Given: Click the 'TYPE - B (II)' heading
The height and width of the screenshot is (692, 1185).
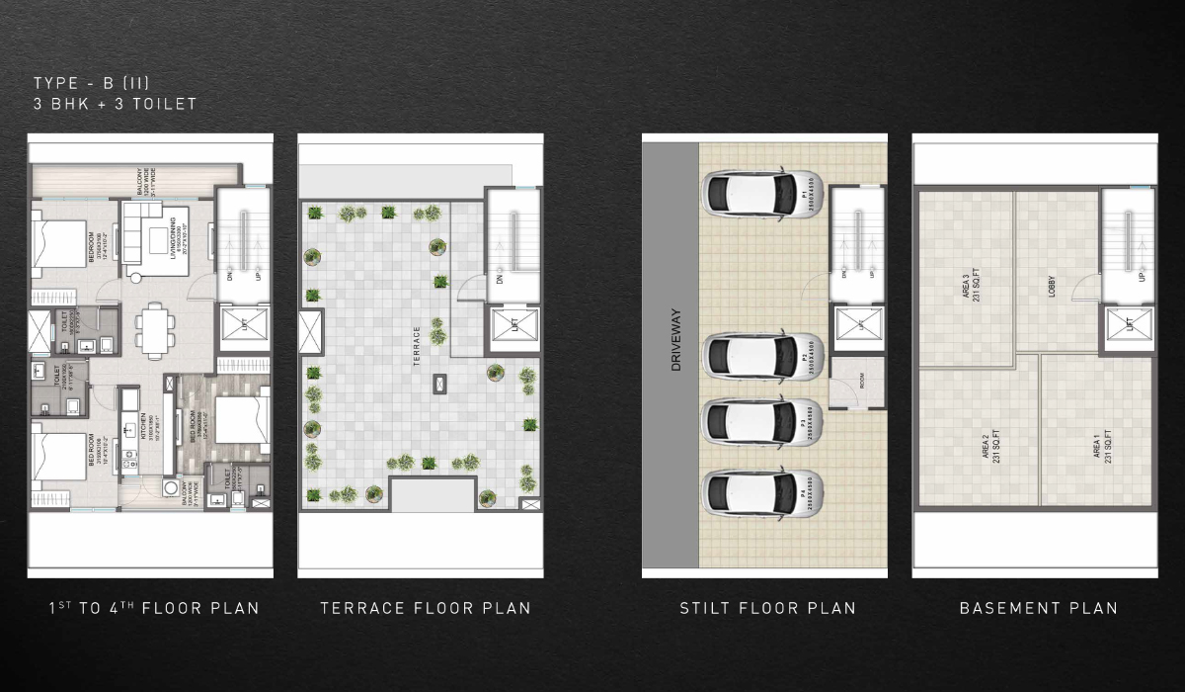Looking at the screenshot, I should (x=92, y=82).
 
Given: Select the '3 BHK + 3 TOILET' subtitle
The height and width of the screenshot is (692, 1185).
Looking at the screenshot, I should (x=115, y=103).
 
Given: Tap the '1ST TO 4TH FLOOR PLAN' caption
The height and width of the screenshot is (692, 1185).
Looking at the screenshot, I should (x=154, y=608).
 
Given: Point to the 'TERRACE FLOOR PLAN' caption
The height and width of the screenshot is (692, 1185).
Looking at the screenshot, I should (x=425, y=608).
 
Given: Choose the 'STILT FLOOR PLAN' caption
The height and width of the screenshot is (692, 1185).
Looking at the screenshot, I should (x=767, y=608).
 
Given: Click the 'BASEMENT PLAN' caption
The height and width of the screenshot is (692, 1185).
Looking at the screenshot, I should (x=1039, y=608).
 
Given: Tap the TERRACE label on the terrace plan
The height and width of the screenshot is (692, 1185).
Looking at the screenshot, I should (x=418, y=346).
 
